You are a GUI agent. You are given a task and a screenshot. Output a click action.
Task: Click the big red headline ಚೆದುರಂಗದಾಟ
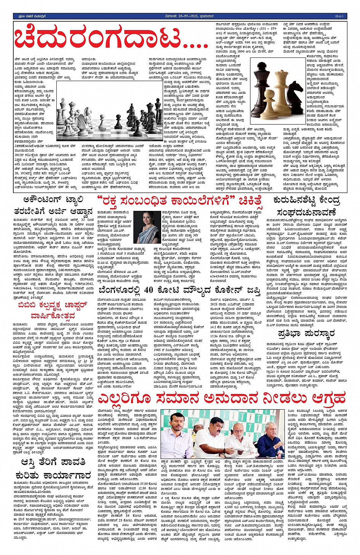point(110,39)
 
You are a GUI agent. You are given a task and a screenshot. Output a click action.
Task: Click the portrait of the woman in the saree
point(147,227)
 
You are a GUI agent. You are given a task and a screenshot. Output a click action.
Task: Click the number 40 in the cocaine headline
point(148,290)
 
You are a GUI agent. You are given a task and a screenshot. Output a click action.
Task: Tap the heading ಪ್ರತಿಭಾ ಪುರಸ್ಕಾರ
point(307,334)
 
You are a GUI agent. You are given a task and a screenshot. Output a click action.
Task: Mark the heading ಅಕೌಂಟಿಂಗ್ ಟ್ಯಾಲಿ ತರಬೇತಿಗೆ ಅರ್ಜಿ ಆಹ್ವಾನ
point(53,205)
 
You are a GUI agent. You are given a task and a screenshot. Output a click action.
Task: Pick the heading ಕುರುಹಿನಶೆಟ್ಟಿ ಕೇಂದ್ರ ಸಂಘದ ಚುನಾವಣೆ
point(307,206)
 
